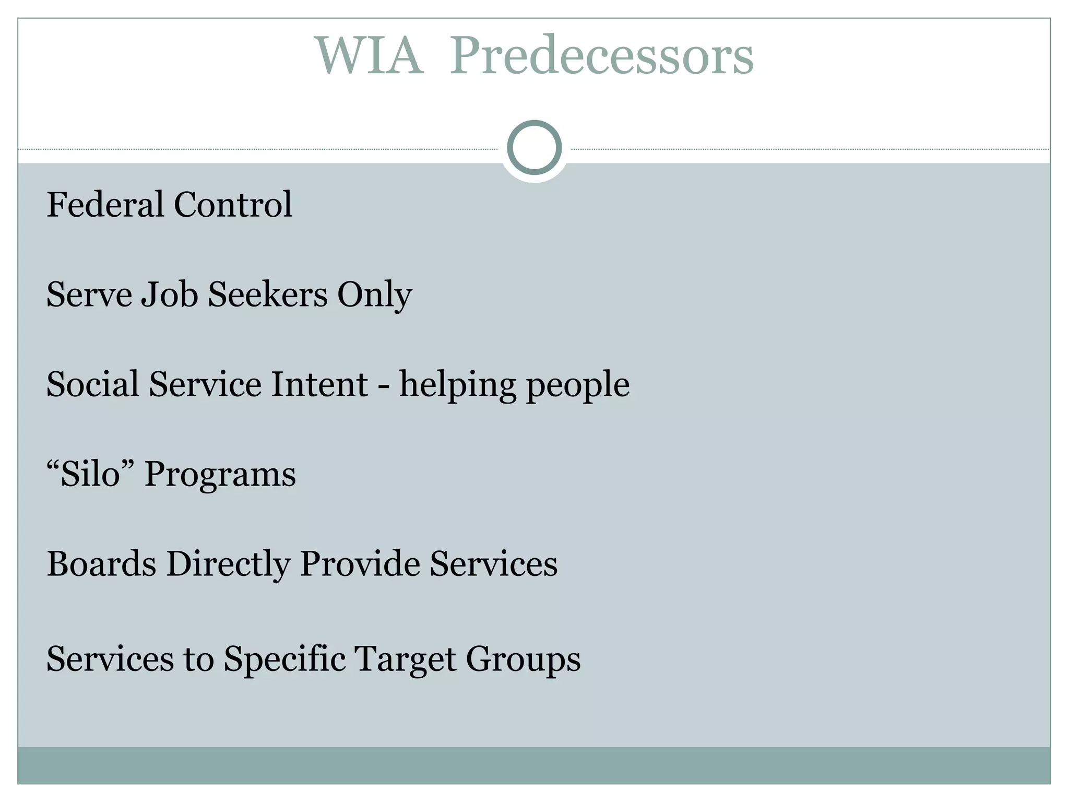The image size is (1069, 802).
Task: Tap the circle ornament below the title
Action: click(x=534, y=147)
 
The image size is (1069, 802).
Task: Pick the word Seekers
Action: click(x=267, y=294)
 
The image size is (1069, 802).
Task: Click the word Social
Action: click(x=92, y=384)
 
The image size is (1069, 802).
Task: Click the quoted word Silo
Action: click(x=90, y=474)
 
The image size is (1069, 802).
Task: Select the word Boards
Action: click(x=101, y=564)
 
